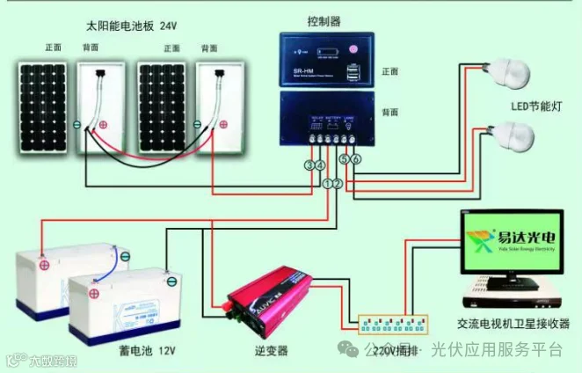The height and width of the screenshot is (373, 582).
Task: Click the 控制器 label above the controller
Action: [x=324, y=20]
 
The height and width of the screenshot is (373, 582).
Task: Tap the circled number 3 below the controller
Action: [x=309, y=165]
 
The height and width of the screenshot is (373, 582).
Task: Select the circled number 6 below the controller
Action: [x=355, y=159]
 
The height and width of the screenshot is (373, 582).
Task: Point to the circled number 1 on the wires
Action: [x=327, y=184]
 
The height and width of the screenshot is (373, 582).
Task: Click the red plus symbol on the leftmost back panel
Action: [x=103, y=125]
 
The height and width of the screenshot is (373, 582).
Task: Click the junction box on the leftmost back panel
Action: [x=103, y=69]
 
